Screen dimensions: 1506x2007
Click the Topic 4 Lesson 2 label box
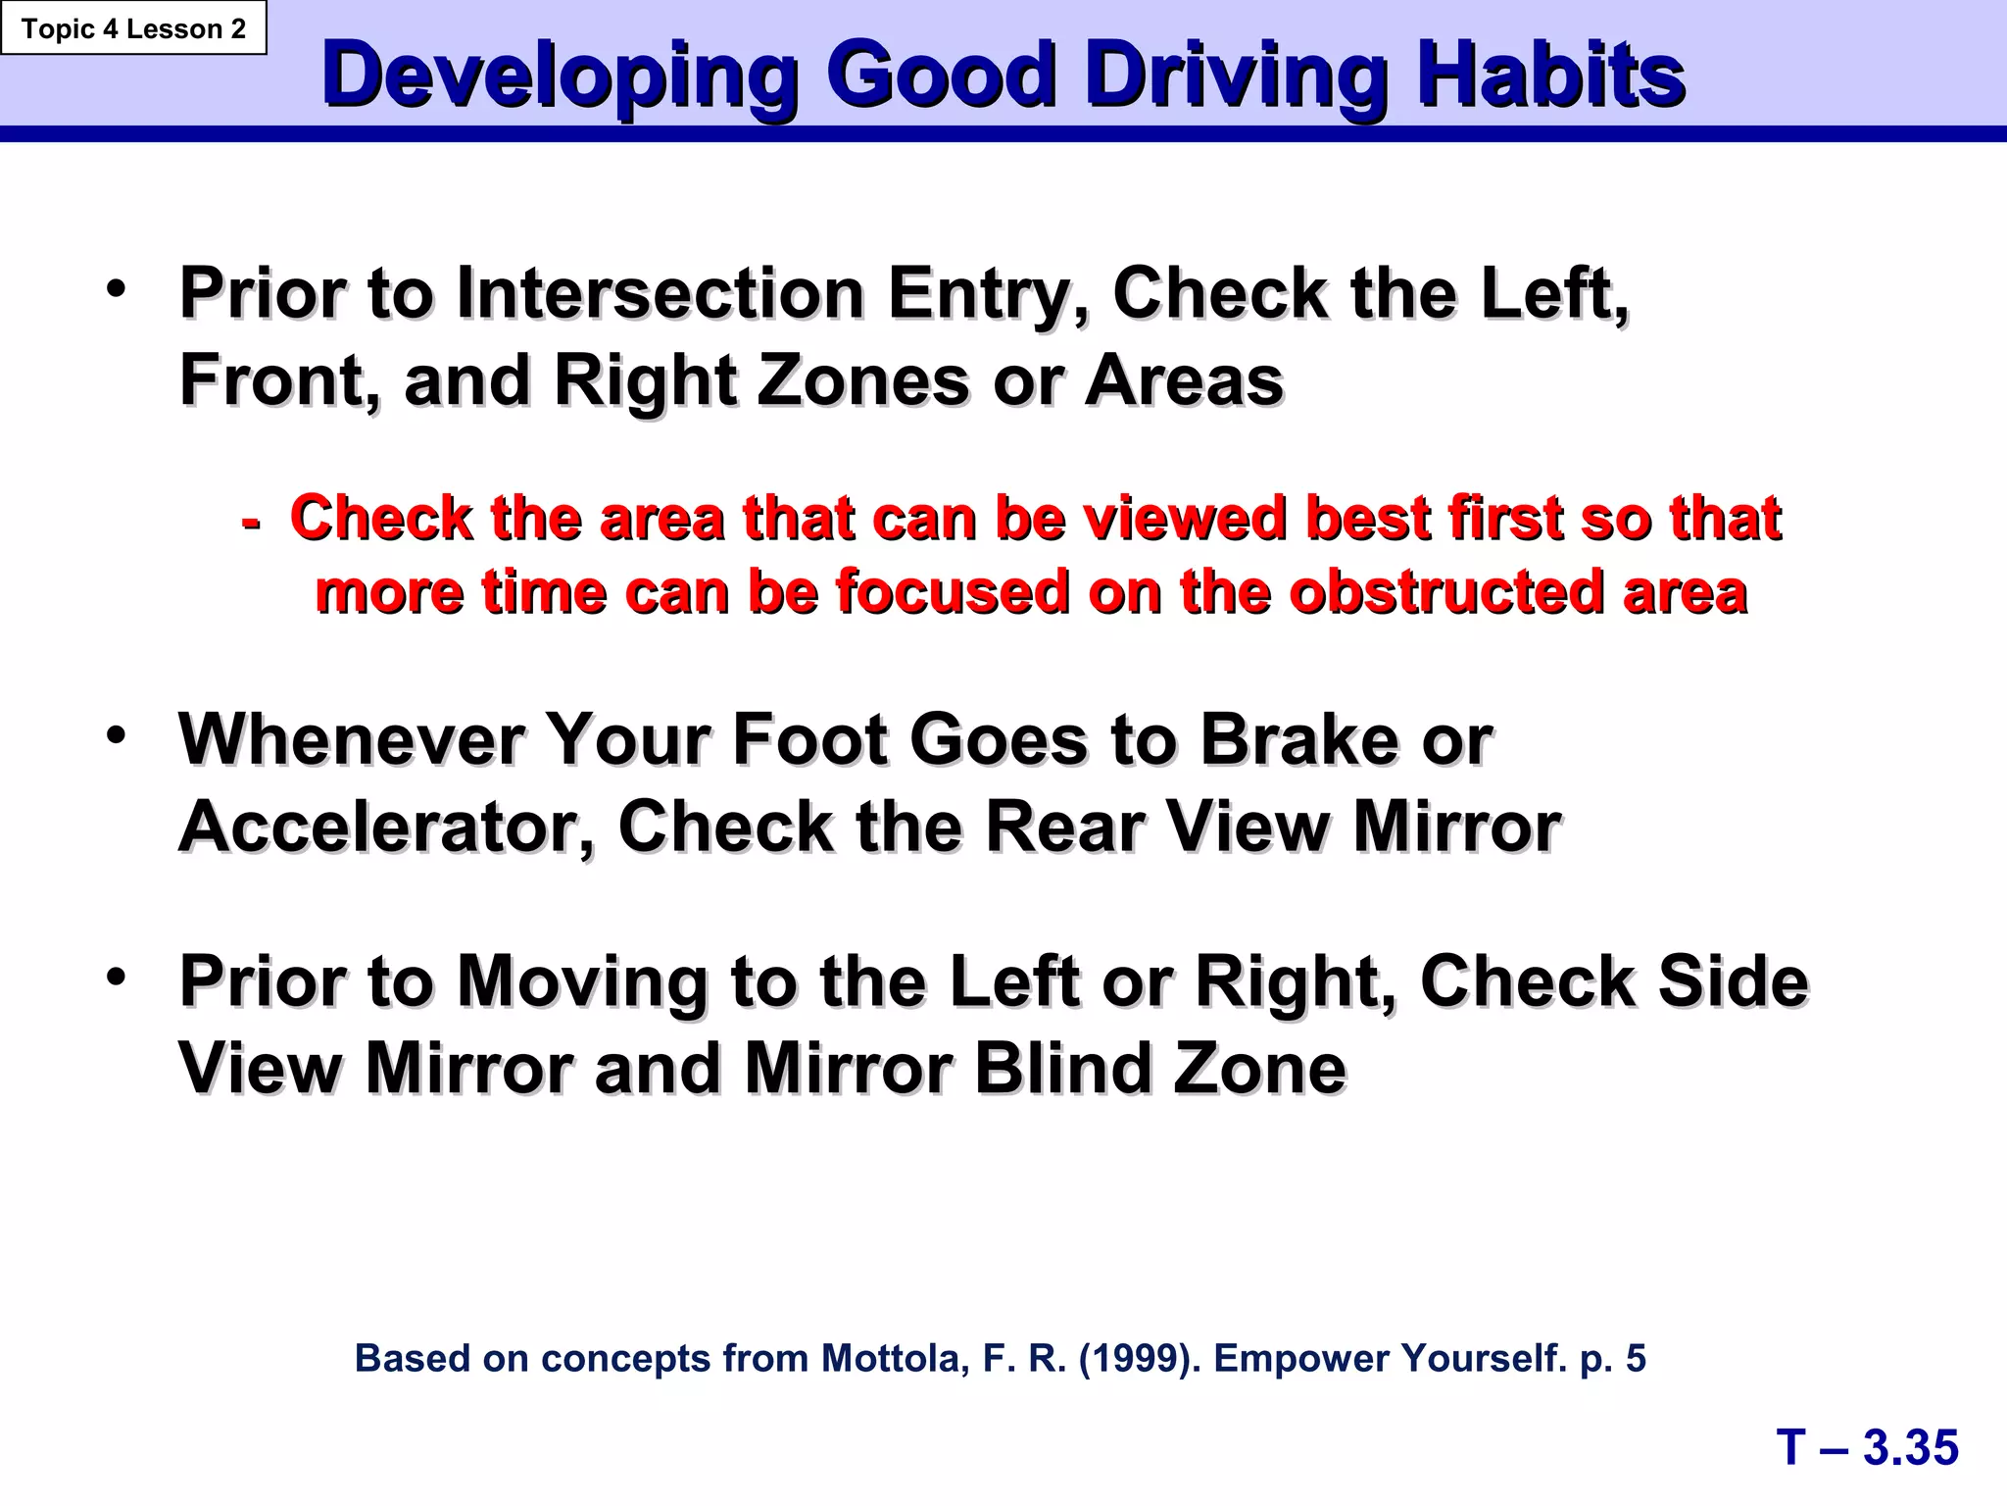[x=133, y=28]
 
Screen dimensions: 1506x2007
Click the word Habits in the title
[x=1550, y=76]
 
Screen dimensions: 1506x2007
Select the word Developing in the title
[x=560, y=76]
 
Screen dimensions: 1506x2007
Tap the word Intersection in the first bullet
[x=660, y=293]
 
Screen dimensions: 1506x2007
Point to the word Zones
[x=862, y=380]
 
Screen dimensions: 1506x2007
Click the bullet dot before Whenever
[x=117, y=735]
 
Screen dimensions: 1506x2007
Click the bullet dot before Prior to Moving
[x=117, y=977]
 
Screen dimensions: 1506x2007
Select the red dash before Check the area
[x=251, y=522]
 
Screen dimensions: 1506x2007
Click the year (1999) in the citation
[x=1139, y=1358]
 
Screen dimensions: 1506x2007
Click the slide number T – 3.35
[x=1867, y=1447]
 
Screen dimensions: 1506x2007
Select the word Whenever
[x=350, y=739]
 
